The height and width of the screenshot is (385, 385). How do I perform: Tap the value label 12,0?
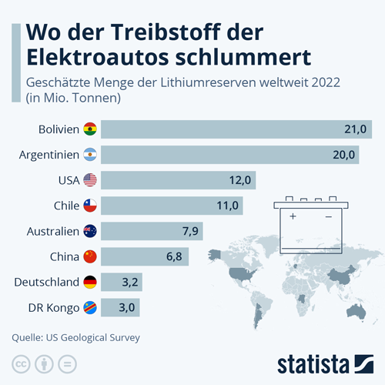(x=240, y=180)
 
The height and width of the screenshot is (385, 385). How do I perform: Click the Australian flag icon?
(x=90, y=231)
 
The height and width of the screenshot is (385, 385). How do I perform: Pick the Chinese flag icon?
(x=90, y=256)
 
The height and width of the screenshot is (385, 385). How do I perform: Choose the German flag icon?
(x=90, y=282)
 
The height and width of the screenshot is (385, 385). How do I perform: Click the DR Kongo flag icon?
(x=90, y=307)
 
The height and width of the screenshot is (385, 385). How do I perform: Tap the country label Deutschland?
(x=47, y=282)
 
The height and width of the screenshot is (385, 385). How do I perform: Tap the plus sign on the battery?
(x=293, y=217)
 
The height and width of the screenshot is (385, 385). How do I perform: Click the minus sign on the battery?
(x=329, y=217)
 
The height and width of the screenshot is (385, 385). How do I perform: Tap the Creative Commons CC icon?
(x=21, y=363)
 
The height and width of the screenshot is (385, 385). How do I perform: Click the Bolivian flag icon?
(x=90, y=129)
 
